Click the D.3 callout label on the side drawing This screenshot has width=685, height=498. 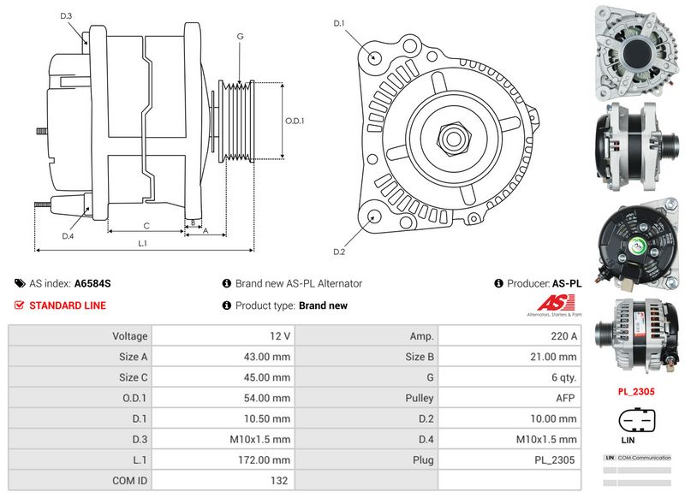click(67, 16)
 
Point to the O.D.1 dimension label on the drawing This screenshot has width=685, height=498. click(295, 121)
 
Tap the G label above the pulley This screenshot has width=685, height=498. click(241, 36)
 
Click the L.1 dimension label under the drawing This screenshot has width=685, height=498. click(143, 244)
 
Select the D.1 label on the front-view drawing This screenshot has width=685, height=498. click(338, 23)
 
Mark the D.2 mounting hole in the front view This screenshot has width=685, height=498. click(373, 217)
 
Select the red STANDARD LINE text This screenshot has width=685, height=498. click(68, 305)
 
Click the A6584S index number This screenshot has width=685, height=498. click(92, 283)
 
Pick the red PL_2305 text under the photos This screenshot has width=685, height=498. click(637, 392)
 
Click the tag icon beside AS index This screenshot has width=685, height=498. click(20, 283)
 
